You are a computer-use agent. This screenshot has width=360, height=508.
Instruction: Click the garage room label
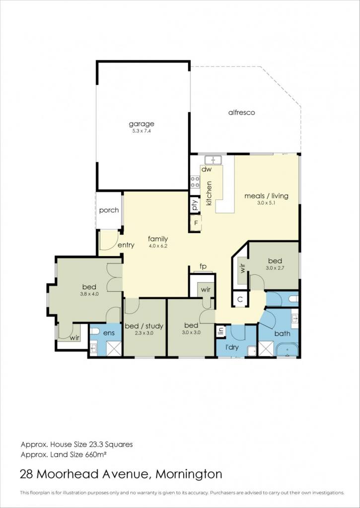(x=142, y=124)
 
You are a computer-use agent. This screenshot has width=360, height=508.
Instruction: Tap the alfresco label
(x=242, y=113)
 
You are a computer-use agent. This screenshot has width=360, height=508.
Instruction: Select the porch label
(x=109, y=210)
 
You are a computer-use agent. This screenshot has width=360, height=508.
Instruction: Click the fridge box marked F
(x=196, y=223)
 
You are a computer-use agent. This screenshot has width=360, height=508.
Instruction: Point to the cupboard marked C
(x=240, y=299)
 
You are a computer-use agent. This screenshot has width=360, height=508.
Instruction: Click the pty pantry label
(x=195, y=205)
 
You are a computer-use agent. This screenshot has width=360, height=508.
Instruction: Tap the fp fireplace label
(x=203, y=266)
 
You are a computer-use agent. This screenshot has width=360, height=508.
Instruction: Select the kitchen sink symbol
(x=213, y=160)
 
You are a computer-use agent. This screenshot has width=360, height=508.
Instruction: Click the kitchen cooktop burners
(x=195, y=182)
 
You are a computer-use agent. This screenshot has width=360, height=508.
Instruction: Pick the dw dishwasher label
(x=207, y=169)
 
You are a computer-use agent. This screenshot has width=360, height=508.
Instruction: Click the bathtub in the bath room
(x=288, y=350)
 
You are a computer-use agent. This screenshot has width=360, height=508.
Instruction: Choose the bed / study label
(x=144, y=326)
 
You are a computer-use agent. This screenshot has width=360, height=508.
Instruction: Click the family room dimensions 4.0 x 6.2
(x=158, y=246)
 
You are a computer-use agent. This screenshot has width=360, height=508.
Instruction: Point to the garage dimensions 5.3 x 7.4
(x=142, y=131)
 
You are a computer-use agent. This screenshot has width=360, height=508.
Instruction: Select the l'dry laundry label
(x=232, y=347)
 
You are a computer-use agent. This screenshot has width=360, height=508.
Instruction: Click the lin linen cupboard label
(x=221, y=331)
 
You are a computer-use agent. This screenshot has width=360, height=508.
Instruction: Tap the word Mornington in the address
(x=189, y=474)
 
